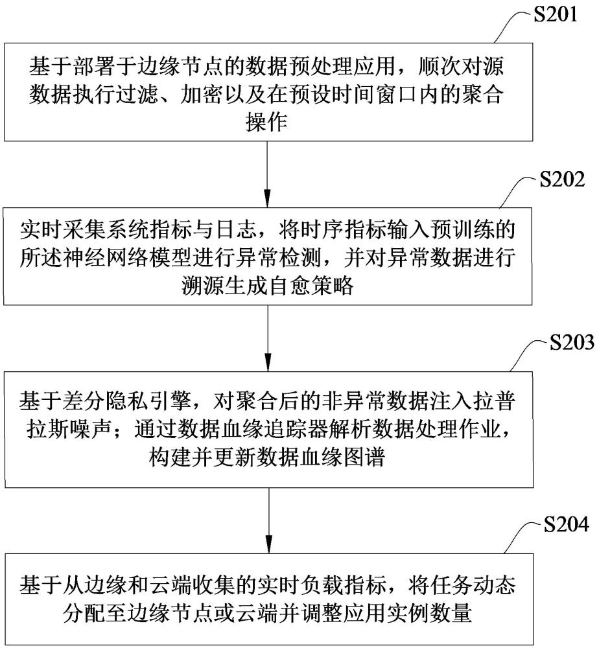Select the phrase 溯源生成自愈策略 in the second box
pos(268,286)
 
